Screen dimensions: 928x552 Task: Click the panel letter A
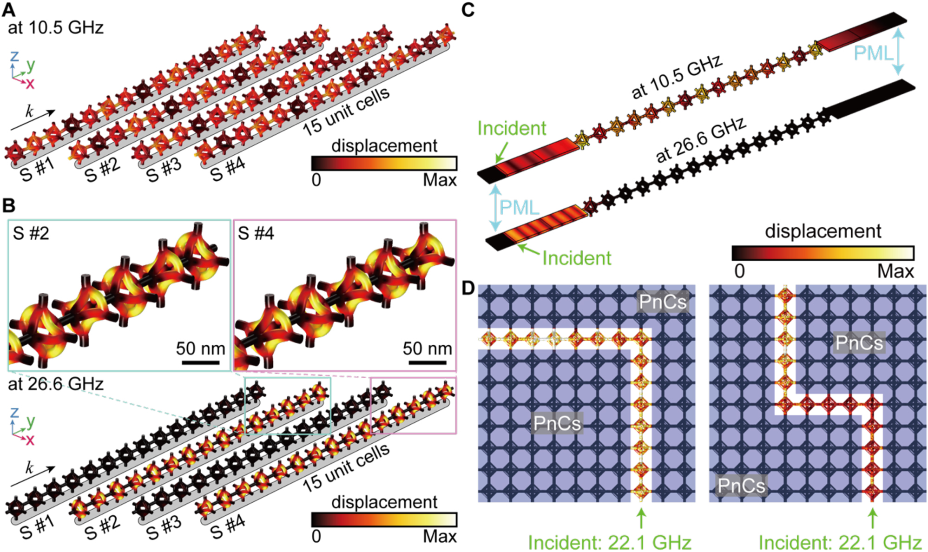pos(9,9)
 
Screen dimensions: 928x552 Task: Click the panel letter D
pos(469,288)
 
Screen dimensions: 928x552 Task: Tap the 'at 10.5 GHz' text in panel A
pos(56,28)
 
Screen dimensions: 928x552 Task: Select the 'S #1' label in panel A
pos(38,170)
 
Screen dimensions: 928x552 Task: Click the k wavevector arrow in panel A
pos(33,120)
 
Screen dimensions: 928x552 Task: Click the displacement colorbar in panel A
pos(384,163)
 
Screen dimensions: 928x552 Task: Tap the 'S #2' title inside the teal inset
pos(31,233)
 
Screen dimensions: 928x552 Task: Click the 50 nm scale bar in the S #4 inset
pos(427,361)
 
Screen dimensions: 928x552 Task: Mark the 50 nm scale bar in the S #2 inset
pos(200,361)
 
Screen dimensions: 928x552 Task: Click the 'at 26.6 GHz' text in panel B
pos(56,384)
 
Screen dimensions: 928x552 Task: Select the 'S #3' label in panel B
pos(164,528)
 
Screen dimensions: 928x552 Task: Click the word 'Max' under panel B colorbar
pos(440,536)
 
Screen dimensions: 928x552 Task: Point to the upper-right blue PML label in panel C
pos(874,53)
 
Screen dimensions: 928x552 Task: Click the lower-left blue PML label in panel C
pos(519,208)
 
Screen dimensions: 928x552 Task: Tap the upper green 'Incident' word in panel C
pos(512,128)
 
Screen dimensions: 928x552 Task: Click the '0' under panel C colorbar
pos(739,271)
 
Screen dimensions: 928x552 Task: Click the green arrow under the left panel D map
pos(641,518)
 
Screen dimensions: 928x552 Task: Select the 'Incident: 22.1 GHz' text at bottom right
pos(840,542)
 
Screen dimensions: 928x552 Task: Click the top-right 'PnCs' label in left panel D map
pos(662,302)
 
